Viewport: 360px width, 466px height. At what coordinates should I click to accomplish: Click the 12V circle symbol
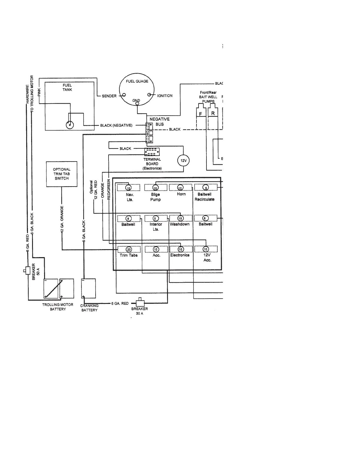pyautogui.click(x=184, y=161)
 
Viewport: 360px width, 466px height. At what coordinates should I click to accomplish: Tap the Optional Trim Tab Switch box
pyautogui.click(x=62, y=174)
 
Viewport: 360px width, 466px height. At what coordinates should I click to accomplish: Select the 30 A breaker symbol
pyautogui.click(x=140, y=303)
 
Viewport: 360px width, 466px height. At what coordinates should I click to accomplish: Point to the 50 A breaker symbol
pyautogui.click(x=28, y=270)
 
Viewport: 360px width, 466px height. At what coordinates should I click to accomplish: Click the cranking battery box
pyautogui.click(x=88, y=288)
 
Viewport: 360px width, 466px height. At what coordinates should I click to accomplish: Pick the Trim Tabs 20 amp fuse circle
pyautogui.click(x=129, y=249)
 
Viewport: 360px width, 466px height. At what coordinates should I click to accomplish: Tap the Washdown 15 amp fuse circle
pyautogui.click(x=181, y=219)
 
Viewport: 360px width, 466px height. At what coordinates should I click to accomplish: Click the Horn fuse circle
pyautogui.click(x=181, y=188)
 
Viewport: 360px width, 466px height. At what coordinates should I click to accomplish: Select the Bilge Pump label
pyautogui.click(x=156, y=197)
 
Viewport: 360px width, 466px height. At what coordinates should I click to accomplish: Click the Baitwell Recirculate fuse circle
pyautogui.click(x=206, y=188)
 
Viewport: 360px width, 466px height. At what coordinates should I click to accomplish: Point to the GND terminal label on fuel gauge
pyautogui.click(x=136, y=101)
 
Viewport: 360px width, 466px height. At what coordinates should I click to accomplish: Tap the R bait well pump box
pyautogui.click(x=213, y=113)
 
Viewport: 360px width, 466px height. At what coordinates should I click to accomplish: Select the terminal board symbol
pyautogui.click(x=152, y=152)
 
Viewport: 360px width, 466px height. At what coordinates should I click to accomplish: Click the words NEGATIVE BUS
pyautogui.click(x=159, y=122)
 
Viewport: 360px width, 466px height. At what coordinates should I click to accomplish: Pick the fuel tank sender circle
pyautogui.click(x=70, y=125)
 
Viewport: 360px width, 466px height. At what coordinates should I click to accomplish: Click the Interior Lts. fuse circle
pyautogui.click(x=156, y=219)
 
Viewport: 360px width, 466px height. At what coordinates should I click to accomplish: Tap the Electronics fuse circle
pyautogui.click(x=181, y=249)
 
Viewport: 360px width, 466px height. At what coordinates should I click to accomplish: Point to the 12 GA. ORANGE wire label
pyautogui.click(x=62, y=219)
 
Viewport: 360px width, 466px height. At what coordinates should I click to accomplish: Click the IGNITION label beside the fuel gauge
pyautogui.click(x=165, y=96)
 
